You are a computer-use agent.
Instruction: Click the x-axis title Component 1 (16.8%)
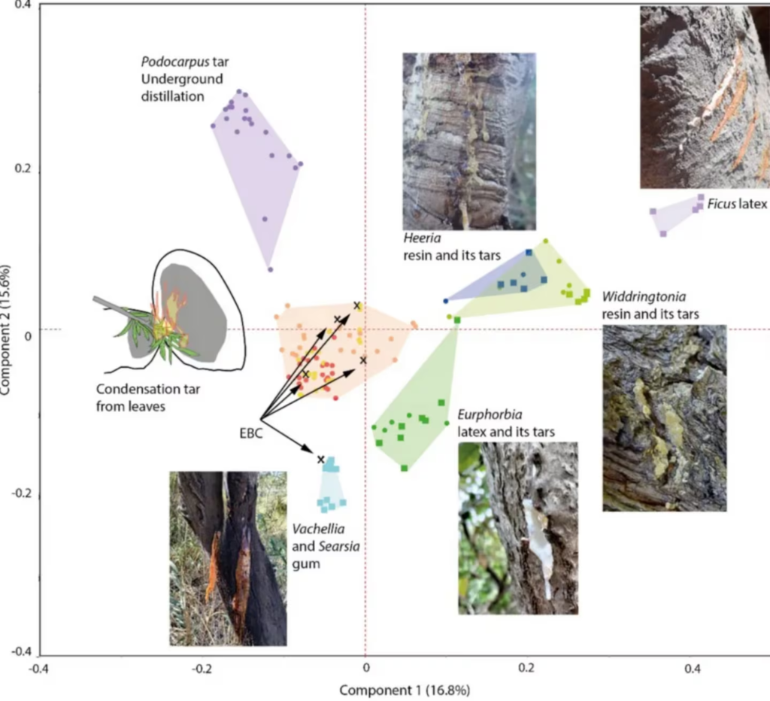click(405, 689)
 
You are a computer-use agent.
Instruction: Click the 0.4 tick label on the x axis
click(693, 668)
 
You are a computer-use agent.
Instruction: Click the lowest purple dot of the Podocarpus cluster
click(270, 269)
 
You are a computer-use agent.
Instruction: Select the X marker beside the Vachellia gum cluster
click(320, 459)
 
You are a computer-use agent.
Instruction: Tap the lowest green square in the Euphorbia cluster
click(405, 468)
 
